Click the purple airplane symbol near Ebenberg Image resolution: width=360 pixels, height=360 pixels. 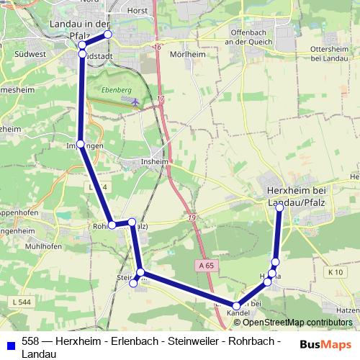tap(137, 102)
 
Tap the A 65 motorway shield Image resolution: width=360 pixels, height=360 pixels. tap(205, 265)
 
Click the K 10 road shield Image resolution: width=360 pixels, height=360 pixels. tap(334, 271)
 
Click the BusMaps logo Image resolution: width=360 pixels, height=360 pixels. tap(325, 344)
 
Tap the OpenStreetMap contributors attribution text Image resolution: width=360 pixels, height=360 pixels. tap(293, 322)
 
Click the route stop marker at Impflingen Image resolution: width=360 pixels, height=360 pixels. tap(81, 145)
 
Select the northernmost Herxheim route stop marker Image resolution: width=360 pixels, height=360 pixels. tap(279, 207)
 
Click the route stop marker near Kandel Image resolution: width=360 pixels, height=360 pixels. tap(236, 306)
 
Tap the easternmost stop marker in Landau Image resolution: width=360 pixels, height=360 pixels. tap(108, 34)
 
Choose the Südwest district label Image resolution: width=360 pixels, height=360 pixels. tap(33, 53)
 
